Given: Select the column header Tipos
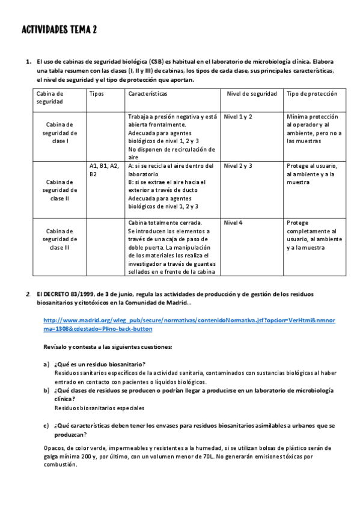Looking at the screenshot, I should (96, 94).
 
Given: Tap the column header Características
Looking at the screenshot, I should (147, 94).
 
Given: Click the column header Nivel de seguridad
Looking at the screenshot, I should (252, 94).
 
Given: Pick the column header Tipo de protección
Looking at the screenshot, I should (312, 94).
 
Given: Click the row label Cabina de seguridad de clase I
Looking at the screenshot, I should (60, 133).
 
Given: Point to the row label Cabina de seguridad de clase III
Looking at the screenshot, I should (60, 238).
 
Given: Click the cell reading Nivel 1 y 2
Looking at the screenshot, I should (238, 116).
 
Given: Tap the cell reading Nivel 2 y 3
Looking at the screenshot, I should (238, 165).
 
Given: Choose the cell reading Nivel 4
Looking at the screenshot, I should (233, 223).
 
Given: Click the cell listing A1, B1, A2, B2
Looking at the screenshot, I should (104, 170).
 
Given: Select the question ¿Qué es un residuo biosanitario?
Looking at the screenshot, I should (99, 364).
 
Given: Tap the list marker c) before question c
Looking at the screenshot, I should (46, 425).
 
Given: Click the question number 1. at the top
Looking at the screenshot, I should (28, 62).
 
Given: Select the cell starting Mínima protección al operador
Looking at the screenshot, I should (313, 129).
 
